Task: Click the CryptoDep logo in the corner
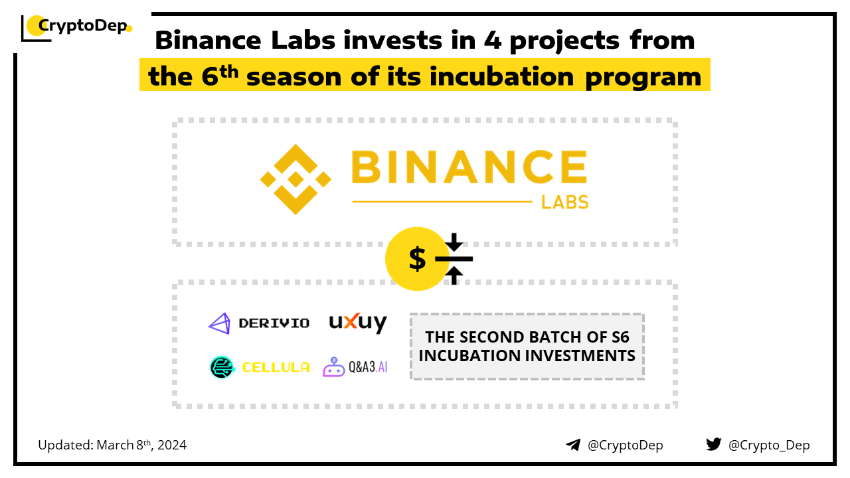(76, 28)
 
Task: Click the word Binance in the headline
(208, 40)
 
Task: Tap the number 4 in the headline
(493, 40)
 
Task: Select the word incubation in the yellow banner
(501, 76)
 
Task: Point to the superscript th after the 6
(229, 71)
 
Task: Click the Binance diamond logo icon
(296, 179)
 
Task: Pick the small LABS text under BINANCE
(564, 202)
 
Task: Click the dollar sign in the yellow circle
(417, 258)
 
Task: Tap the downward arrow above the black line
(454, 242)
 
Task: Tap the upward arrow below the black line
(454, 276)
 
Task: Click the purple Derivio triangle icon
(220, 323)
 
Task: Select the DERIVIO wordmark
(274, 323)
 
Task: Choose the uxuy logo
(358, 323)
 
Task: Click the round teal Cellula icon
(222, 367)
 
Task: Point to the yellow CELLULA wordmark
(276, 367)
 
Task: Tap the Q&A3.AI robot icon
(333, 367)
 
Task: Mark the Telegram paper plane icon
(573, 445)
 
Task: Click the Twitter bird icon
(713, 444)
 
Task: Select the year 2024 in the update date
(172, 445)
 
